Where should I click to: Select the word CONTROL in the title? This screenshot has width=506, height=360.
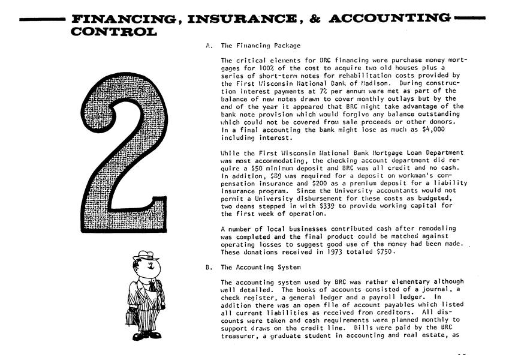114,31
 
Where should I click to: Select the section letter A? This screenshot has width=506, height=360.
208,45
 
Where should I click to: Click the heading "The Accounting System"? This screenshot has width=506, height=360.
261,268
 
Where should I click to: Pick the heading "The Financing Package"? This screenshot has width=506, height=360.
261,45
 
